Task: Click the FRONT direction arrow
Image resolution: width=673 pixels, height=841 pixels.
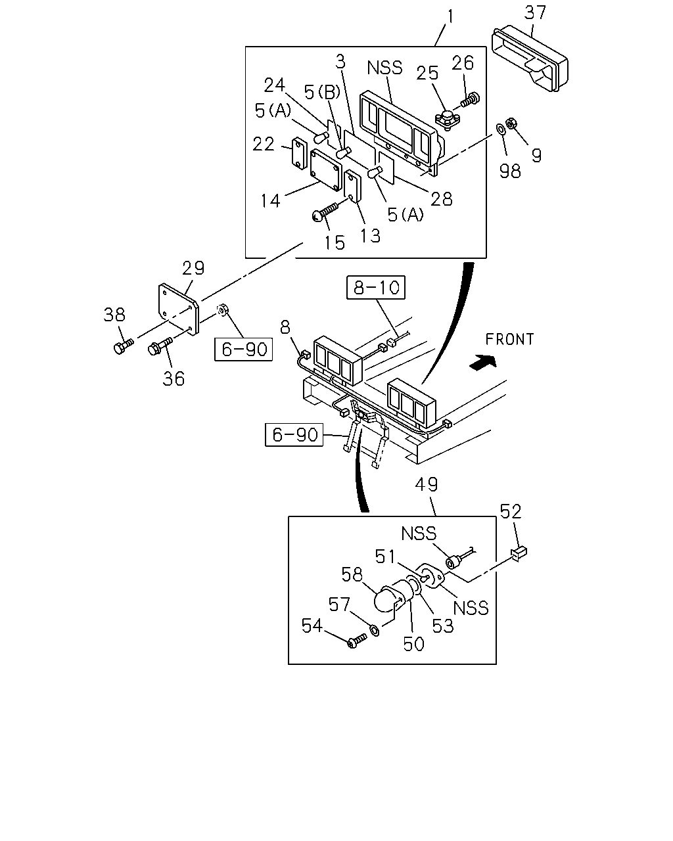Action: [484, 362]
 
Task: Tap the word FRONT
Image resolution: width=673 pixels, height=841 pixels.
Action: [509, 339]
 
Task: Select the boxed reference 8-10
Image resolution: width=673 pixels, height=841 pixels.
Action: [376, 287]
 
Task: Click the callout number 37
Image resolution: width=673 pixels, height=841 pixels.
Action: [535, 12]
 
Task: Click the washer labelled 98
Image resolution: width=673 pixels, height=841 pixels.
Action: [500, 129]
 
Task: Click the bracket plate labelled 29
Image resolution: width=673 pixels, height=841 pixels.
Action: [178, 309]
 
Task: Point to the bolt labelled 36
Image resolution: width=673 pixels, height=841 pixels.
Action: [160, 346]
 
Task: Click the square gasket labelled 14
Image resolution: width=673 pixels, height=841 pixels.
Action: [326, 170]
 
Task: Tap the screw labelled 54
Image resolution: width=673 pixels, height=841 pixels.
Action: [357, 640]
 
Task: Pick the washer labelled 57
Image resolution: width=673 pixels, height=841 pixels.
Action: [374, 630]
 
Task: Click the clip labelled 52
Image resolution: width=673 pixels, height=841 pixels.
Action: [519, 553]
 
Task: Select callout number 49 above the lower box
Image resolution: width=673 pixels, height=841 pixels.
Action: [427, 485]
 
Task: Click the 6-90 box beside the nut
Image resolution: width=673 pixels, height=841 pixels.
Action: [243, 349]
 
